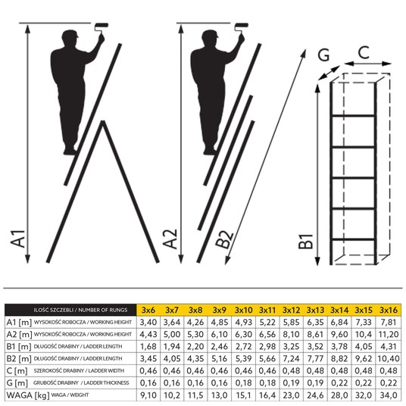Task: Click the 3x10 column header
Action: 243,310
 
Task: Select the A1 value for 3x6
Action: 148,322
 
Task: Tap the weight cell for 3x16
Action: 389,395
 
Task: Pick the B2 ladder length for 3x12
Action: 292,358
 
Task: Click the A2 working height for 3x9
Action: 220,334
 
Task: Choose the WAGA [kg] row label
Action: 28,395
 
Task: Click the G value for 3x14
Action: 339,383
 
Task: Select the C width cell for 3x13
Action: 315,371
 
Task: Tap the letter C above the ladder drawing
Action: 364,52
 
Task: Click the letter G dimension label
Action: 323,55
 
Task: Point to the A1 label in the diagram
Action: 18,239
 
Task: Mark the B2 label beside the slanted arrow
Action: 225,239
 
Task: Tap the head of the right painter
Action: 210,37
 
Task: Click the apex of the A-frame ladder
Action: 103,121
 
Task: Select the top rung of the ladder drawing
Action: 353,115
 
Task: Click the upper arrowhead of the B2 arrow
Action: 304,54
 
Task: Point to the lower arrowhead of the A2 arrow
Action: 181,259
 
